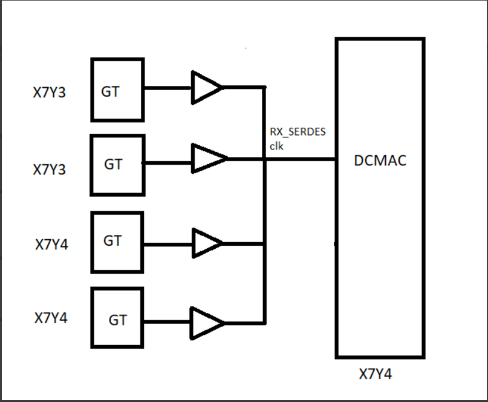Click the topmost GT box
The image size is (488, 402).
117,90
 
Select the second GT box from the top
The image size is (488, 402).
117,165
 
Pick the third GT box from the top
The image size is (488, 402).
117,242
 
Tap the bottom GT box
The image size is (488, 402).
117,318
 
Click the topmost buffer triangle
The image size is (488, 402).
206,87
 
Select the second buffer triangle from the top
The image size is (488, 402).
207,159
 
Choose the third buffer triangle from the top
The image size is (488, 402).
206,243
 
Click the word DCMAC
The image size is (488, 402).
380,161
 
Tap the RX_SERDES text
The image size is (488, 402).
298,133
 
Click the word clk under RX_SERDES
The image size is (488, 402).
276,146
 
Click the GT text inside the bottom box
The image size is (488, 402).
118,320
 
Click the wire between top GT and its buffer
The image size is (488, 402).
168,87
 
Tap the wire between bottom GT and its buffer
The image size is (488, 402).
168,321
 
